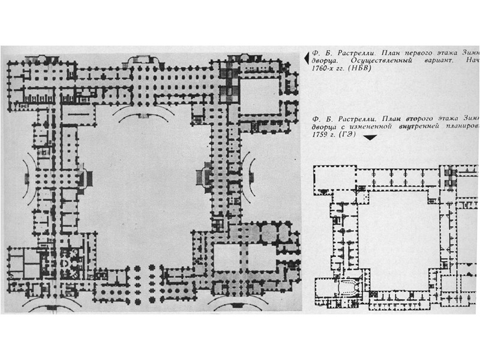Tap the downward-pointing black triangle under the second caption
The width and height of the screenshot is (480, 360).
[370, 137]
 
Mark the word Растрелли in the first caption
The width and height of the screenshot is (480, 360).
[349, 52]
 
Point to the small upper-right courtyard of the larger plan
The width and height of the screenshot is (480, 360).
[261, 93]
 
